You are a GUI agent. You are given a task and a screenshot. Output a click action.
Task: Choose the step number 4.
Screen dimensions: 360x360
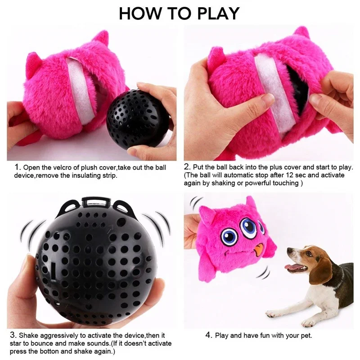click(x=209, y=335)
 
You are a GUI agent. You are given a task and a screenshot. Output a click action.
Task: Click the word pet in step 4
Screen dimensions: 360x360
click(x=307, y=335)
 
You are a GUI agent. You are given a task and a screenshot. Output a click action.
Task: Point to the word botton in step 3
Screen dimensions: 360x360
click(x=49, y=351)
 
